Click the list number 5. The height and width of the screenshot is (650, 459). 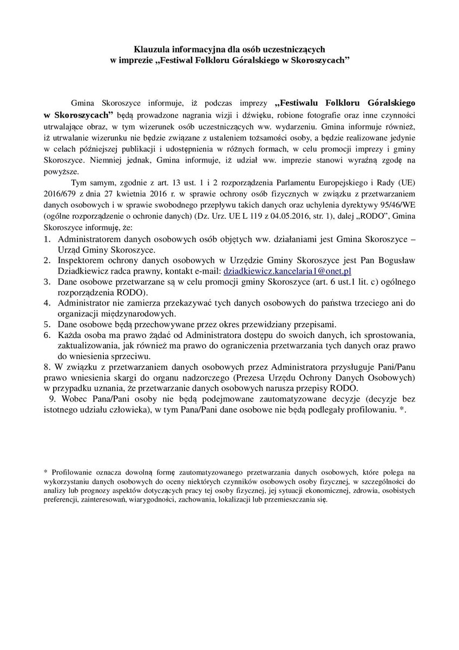(47, 324)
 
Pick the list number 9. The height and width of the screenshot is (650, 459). (52, 400)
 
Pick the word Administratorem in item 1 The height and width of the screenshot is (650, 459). (89, 239)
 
